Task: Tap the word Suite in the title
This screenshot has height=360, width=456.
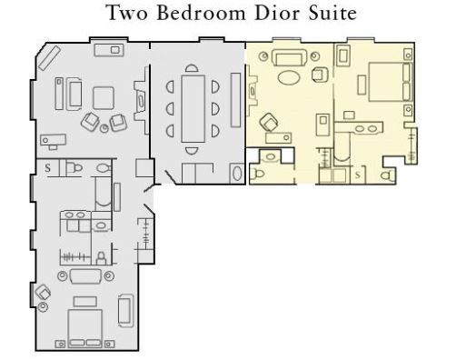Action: (x=332, y=13)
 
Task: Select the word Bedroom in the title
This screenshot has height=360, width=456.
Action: (x=201, y=13)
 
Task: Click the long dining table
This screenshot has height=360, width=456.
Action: (x=193, y=108)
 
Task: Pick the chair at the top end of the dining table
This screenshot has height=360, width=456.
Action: (x=192, y=68)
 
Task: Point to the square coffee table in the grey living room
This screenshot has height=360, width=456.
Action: (x=104, y=98)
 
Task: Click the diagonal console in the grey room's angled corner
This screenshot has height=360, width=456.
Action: (x=49, y=58)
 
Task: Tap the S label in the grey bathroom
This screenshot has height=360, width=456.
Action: (x=48, y=168)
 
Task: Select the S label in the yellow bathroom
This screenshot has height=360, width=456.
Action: (x=358, y=175)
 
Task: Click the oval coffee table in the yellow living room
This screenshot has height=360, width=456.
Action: (x=289, y=77)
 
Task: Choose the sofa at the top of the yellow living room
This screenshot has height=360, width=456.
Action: (x=289, y=58)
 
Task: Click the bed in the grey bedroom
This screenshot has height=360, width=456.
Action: (x=85, y=328)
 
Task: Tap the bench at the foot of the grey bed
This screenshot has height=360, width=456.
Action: (x=85, y=301)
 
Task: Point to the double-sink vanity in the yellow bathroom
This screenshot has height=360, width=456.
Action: (x=365, y=127)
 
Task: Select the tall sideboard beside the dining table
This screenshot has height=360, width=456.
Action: (x=235, y=100)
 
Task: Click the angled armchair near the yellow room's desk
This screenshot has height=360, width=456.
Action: (x=269, y=122)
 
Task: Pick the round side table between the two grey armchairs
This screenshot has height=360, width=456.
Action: (x=104, y=128)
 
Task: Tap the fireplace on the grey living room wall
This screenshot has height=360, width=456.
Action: (x=141, y=101)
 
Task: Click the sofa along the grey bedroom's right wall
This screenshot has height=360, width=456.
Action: (x=125, y=310)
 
